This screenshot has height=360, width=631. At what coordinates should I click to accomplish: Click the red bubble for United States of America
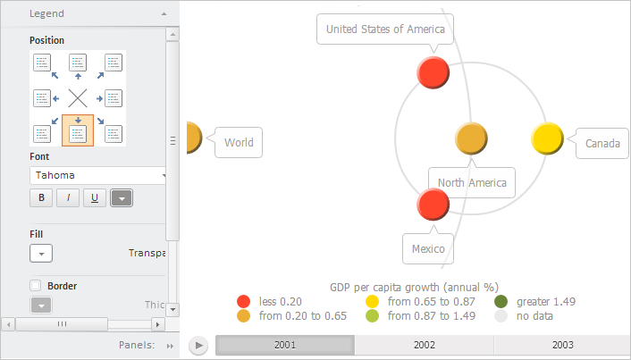click(x=433, y=72)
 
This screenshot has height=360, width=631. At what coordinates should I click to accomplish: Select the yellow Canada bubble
click(x=547, y=139)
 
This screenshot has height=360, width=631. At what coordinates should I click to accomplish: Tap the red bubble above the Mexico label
click(x=433, y=205)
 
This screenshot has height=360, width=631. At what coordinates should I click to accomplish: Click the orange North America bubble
click(x=471, y=139)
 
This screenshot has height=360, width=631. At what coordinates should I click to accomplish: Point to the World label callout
click(x=238, y=142)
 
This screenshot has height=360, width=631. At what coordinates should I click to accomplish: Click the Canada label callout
click(x=602, y=143)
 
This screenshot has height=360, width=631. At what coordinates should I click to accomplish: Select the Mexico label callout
click(x=427, y=248)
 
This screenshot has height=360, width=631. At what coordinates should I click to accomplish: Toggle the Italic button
click(x=68, y=197)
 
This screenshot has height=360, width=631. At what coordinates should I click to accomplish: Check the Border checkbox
click(x=36, y=286)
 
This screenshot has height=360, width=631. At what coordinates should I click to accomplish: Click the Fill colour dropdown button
click(x=41, y=253)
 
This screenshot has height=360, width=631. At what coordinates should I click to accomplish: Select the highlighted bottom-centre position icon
click(x=78, y=131)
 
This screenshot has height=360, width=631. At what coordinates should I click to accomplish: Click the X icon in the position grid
click(x=78, y=97)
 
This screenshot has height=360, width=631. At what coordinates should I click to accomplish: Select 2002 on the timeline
click(x=424, y=345)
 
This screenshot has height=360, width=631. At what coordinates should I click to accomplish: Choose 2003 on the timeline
click(x=562, y=345)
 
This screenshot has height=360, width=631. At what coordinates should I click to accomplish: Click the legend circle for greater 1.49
click(x=501, y=302)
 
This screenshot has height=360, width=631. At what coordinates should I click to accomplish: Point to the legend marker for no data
click(x=501, y=315)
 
